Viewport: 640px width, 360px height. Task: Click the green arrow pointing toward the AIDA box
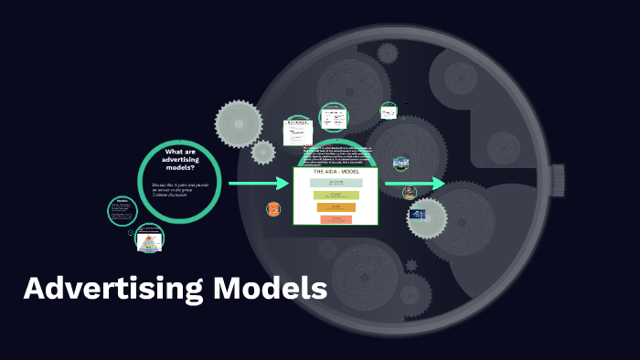tap(259, 185)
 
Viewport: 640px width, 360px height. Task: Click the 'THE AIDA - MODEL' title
tap(335, 173)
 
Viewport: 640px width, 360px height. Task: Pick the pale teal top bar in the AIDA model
tap(336, 183)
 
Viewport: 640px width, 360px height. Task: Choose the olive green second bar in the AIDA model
tap(336, 195)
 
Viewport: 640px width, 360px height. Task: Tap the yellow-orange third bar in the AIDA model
tap(336, 207)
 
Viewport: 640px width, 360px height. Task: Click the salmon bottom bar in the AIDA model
tap(336, 219)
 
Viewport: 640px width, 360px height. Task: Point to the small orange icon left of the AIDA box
tap(273, 209)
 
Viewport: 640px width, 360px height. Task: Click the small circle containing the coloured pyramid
tap(149, 239)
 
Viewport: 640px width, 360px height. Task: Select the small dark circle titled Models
tap(122, 210)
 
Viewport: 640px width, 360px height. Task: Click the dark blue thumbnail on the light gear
tap(419, 214)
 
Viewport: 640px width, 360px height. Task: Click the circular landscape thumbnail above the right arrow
tap(400, 163)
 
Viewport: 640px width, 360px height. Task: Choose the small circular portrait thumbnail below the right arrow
tap(410, 192)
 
